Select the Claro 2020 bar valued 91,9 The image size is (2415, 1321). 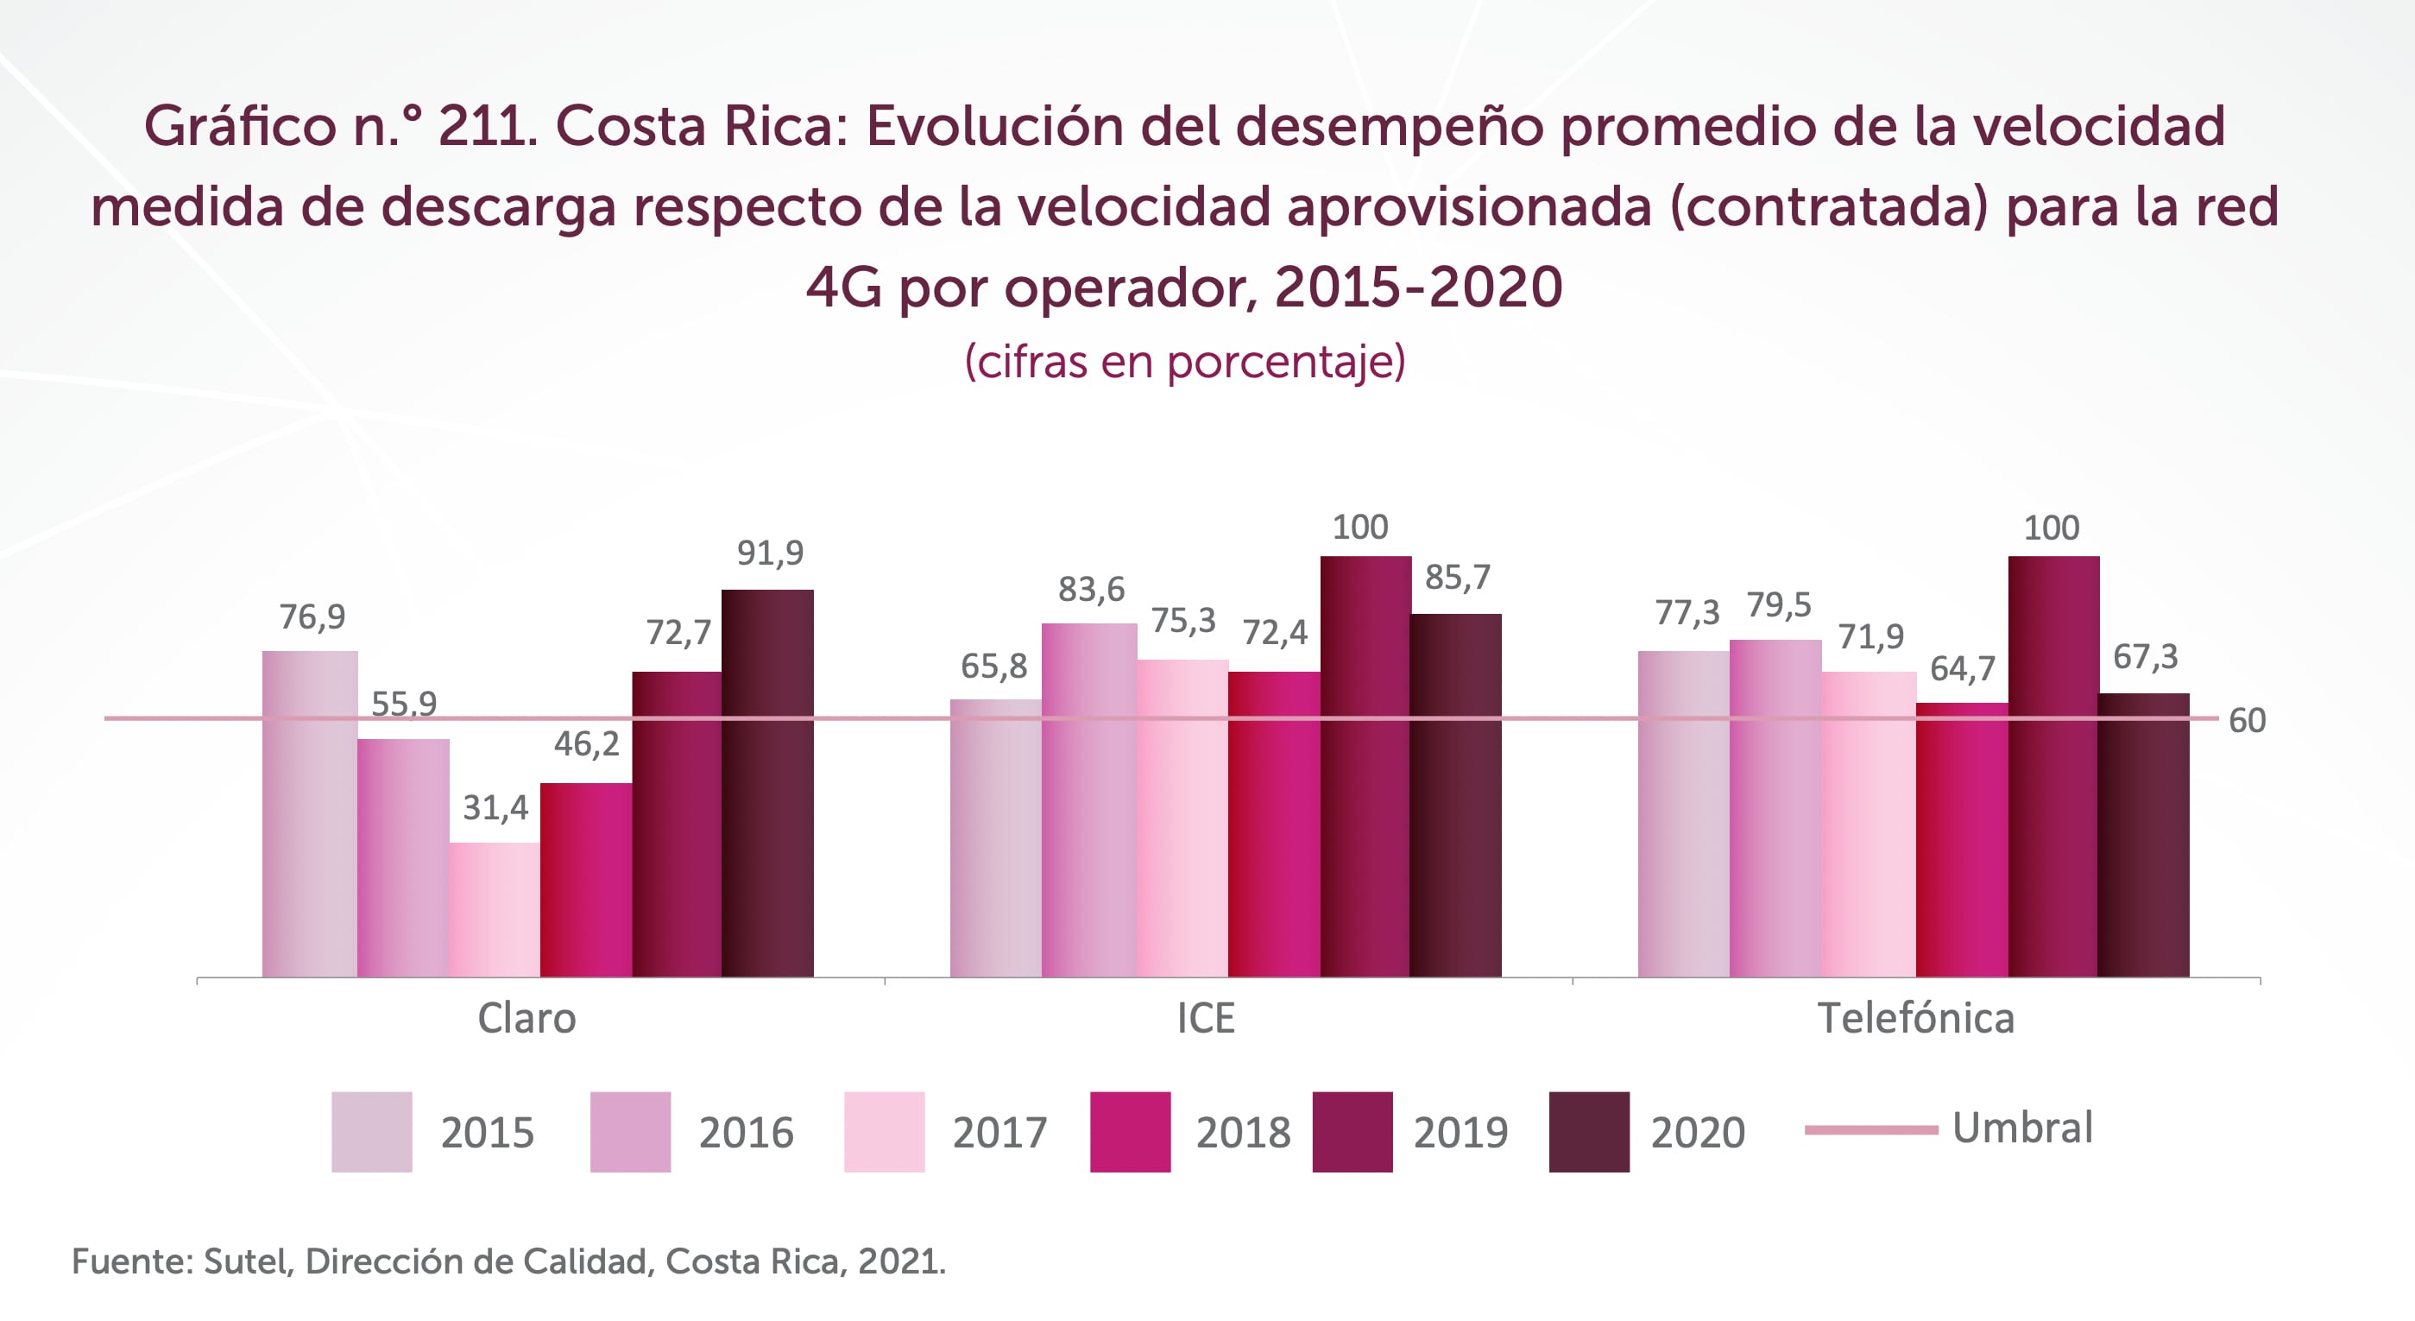coord(768,783)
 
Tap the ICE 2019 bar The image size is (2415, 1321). coord(1365,766)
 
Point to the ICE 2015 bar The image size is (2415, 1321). coord(996,837)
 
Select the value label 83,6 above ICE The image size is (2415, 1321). coord(1091,590)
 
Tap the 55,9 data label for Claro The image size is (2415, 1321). coord(404,703)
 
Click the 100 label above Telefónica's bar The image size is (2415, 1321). coord(2052,528)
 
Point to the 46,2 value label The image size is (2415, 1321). coord(586,744)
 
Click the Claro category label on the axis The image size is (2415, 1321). coord(527,1018)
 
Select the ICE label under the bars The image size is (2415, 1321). coord(1206,1018)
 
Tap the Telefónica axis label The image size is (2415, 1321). coord(1915,1018)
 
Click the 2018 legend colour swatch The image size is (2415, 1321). coord(1130,1132)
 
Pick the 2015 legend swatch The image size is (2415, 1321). coord(371,1132)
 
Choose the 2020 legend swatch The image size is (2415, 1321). coord(1588,1132)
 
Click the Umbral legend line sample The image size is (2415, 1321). coord(1870,1129)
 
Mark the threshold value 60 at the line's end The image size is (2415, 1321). coord(2246,721)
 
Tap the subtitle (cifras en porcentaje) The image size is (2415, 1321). coord(1185,362)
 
